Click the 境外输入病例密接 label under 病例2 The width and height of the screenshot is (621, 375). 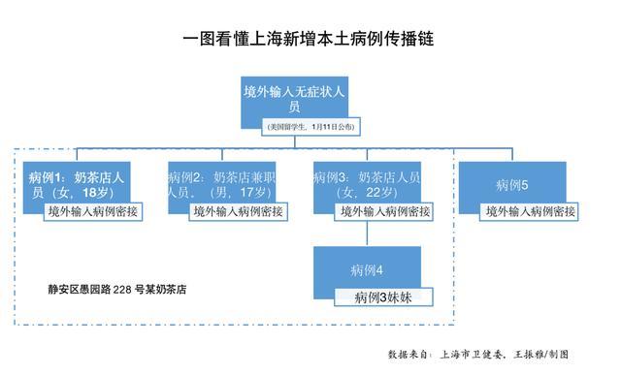pyautogui.click(x=238, y=210)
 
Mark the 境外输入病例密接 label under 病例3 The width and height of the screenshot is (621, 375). pyautogui.click(x=383, y=210)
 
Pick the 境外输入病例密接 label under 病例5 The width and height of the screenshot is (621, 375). pyautogui.click(x=531, y=210)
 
